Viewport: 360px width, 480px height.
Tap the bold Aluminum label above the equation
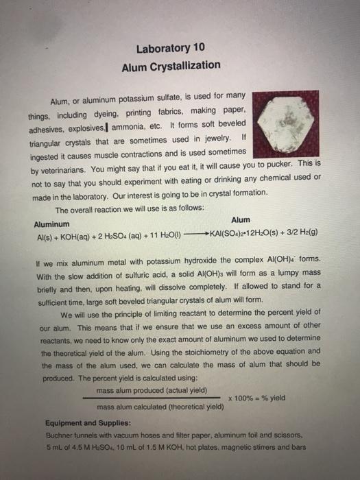51,225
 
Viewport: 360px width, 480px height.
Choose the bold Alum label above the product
241,220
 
